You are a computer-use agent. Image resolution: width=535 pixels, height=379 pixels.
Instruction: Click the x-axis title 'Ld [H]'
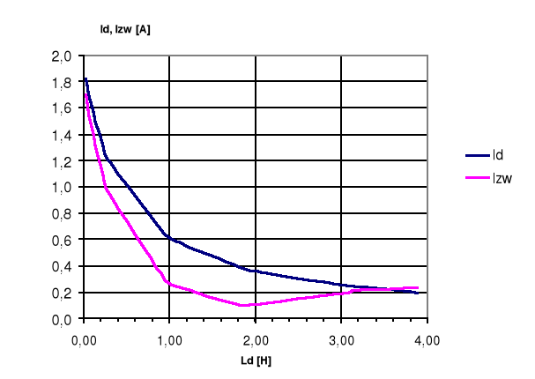click(255, 360)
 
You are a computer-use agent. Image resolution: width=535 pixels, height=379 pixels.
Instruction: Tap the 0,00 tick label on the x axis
click(83, 338)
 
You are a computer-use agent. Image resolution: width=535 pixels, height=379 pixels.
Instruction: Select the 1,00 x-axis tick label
click(169, 338)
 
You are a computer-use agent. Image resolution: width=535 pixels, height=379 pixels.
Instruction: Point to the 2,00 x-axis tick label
click(255, 338)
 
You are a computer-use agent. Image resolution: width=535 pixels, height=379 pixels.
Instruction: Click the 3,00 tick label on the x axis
click(341, 338)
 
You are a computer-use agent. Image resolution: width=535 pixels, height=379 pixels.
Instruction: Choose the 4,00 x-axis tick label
click(427, 338)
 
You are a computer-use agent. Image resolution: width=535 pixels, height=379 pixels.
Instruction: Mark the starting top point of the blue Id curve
click(85, 78)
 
